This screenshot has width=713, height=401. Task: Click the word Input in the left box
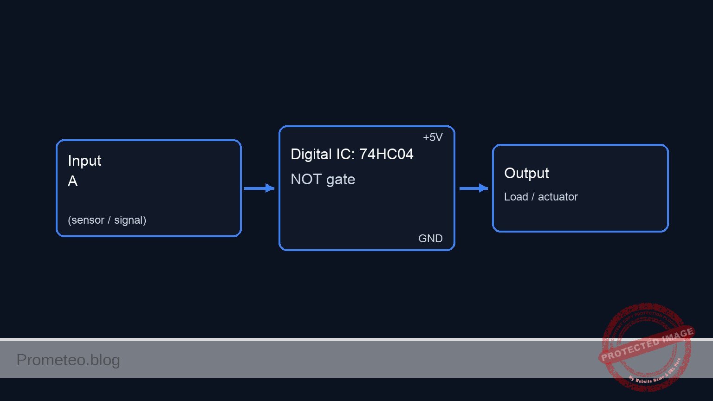pyautogui.click(x=84, y=161)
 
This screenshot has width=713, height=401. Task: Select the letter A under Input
pyautogui.click(x=72, y=181)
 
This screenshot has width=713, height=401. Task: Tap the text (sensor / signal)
pyautogui.click(x=107, y=220)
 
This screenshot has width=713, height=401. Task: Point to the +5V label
pyautogui.click(x=432, y=137)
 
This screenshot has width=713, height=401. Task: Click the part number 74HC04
pyautogui.click(x=386, y=154)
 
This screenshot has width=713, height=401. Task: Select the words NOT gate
pyautogui.click(x=323, y=179)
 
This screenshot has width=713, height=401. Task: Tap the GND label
pyautogui.click(x=430, y=239)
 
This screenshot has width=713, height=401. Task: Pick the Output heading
pyautogui.click(x=526, y=173)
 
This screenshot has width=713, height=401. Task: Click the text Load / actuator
pyautogui.click(x=541, y=197)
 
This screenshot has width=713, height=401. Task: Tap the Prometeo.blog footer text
pyautogui.click(x=68, y=360)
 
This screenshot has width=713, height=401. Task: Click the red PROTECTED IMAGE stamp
pyautogui.click(x=646, y=346)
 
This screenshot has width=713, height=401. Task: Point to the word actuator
pyautogui.click(x=557, y=197)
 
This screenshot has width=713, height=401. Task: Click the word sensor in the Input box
pyautogui.click(x=86, y=220)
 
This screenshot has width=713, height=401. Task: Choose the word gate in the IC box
pyautogui.click(x=341, y=180)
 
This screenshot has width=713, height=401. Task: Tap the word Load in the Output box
pyautogui.click(x=516, y=197)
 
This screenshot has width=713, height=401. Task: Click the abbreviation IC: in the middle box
pyautogui.click(x=345, y=154)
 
